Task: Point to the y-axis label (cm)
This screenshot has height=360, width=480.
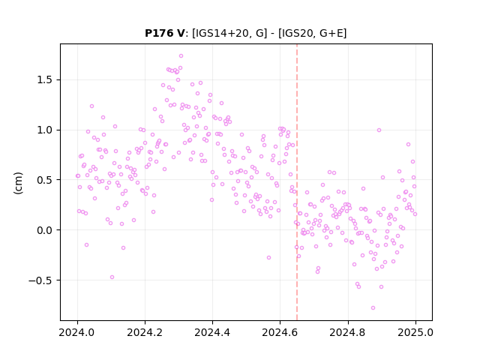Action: (18, 182)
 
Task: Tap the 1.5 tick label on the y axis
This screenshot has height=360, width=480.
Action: (44, 80)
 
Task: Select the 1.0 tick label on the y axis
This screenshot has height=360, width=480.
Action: (44, 130)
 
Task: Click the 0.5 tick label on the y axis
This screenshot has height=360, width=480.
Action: (44, 180)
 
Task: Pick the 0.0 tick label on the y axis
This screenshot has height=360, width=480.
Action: (44, 230)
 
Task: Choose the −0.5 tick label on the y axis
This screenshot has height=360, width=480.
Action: (40, 280)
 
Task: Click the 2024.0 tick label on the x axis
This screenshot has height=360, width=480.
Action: (77, 332)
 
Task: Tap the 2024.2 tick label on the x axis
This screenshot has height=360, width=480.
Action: (145, 332)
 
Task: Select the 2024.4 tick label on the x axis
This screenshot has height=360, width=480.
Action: (212, 332)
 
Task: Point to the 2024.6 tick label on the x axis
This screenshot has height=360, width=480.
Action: (280, 332)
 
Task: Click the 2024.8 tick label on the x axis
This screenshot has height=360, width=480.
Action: (348, 332)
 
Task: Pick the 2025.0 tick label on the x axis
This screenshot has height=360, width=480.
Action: (415, 332)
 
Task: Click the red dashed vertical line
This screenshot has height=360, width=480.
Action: (297, 182)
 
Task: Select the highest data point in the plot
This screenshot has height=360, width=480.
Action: (181, 56)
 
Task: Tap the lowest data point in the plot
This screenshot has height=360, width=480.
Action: (373, 308)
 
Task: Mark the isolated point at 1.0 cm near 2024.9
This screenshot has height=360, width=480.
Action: (379, 130)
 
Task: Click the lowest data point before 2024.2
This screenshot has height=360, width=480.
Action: (112, 277)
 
